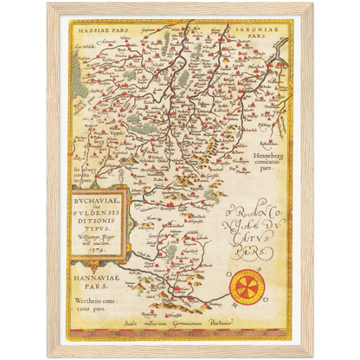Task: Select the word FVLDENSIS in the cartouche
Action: (x=87, y=208)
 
